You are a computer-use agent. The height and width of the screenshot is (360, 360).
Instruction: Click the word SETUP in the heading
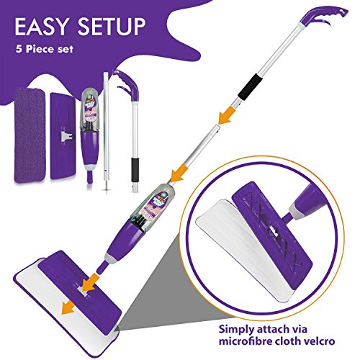(x=112, y=27)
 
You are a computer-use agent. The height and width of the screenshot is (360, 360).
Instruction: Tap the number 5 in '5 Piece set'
(x=19, y=49)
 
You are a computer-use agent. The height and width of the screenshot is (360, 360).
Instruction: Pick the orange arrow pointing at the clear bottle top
(x=179, y=174)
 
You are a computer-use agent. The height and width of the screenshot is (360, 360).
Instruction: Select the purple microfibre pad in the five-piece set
(x=30, y=135)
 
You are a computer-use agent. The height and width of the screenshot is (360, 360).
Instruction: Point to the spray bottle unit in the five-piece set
(x=90, y=135)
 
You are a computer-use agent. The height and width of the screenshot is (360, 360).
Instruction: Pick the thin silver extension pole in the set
(x=106, y=131)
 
